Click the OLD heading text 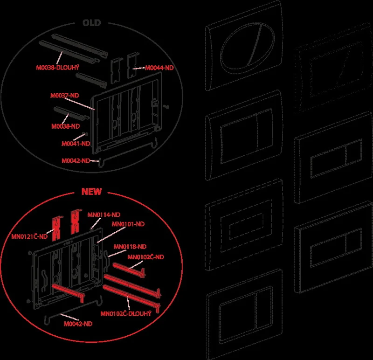click(91, 23)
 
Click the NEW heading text click(91, 192)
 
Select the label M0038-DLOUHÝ click(57, 68)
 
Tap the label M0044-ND click(159, 68)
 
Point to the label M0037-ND click(64, 96)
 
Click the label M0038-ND click(65, 126)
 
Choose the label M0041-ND click(76, 144)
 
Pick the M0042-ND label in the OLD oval click(76, 160)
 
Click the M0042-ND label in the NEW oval click(78, 324)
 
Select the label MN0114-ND click(104, 215)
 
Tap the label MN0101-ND click(128, 224)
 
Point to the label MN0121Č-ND click(29, 236)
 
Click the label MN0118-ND click(130, 247)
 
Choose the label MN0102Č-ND click(145, 257)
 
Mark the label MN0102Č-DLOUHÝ click(126, 313)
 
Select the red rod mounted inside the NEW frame click(68, 292)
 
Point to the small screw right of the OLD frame click(167, 107)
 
